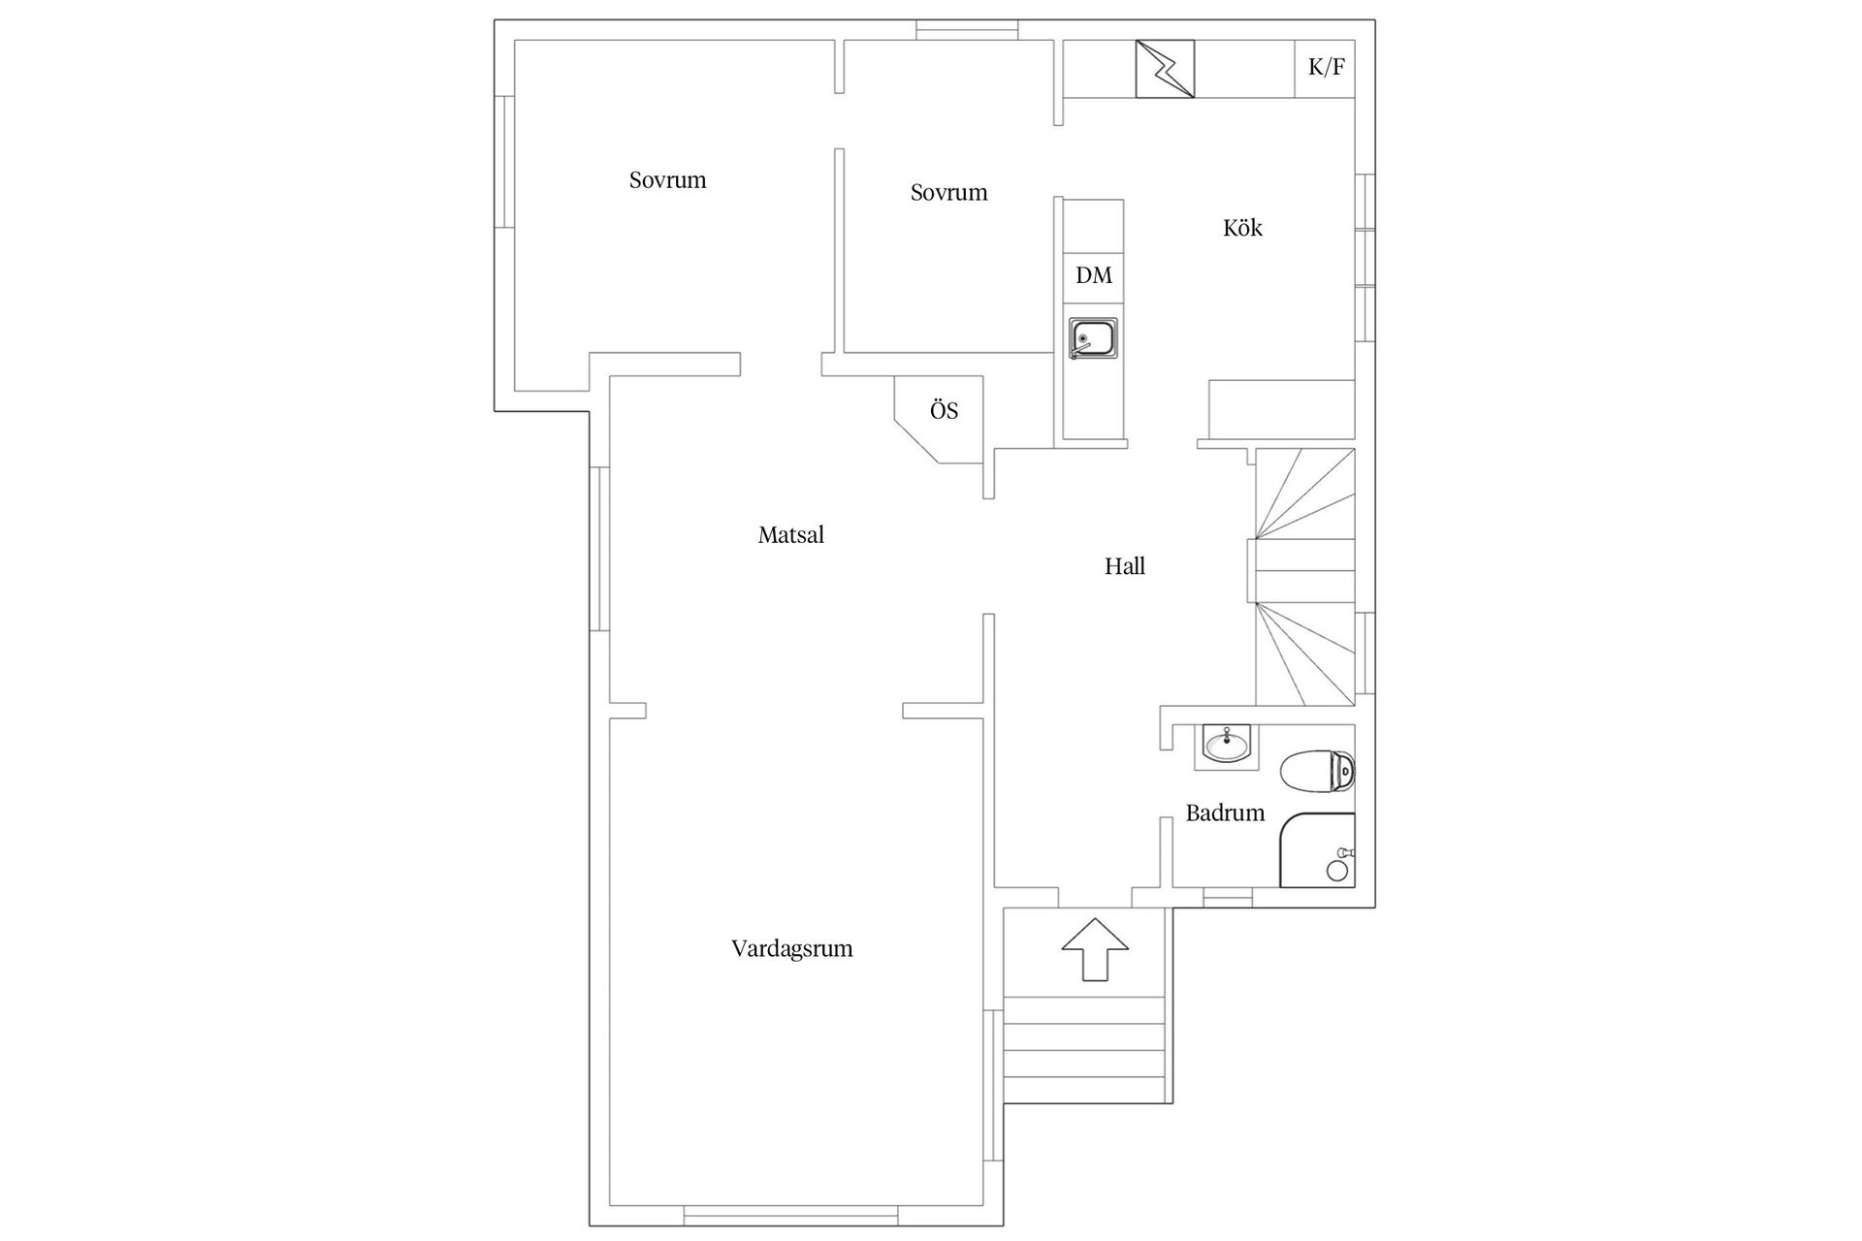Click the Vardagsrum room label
click(x=792, y=949)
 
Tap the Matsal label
click(x=791, y=534)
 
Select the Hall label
click(x=1125, y=566)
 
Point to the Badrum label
click(x=1225, y=812)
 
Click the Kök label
click(x=1242, y=228)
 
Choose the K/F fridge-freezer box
click(x=1325, y=68)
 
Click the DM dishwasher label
click(x=1094, y=275)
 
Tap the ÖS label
click(x=944, y=410)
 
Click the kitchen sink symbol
click(x=1093, y=338)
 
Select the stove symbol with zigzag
click(x=1165, y=69)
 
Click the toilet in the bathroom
click(x=1318, y=772)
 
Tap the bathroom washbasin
click(x=1227, y=747)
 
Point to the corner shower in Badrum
click(x=1317, y=850)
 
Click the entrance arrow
click(x=1096, y=948)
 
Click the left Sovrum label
click(x=667, y=180)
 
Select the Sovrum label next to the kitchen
click(x=948, y=193)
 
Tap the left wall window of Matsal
click(x=599, y=549)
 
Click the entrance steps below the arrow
click(x=1084, y=1049)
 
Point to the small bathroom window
click(x=1228, y=898)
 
